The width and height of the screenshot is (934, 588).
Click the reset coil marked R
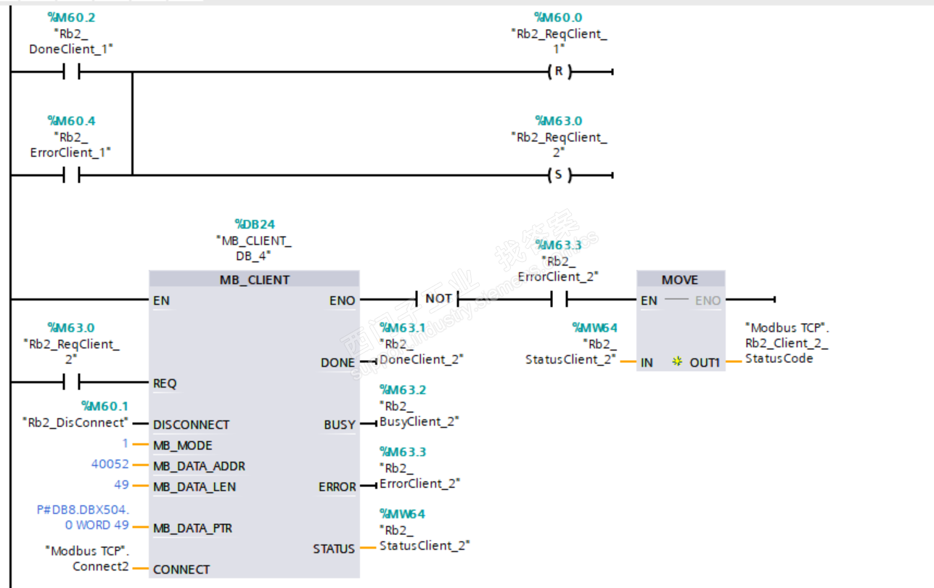(559, 72)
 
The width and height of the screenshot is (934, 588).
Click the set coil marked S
(559, 175)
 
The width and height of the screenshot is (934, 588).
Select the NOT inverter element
(438, 298)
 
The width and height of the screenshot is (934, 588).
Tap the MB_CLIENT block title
(254, 279)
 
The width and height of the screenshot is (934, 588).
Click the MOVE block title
(680, 279)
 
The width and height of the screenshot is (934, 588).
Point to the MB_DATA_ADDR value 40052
(110, 465)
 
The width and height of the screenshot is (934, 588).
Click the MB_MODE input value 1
(125, 444)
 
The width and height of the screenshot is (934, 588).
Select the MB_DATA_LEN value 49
(121, 485)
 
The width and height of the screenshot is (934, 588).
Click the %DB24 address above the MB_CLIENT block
(254, 224)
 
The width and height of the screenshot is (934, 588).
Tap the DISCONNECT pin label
(191, 425)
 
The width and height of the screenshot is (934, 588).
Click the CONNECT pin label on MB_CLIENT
(181, 570)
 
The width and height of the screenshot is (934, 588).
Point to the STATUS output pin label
(334, 549)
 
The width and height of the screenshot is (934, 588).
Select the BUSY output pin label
(339, 425)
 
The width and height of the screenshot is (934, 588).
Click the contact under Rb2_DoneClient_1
(71, 72)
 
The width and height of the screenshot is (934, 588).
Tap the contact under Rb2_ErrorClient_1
(71, 175)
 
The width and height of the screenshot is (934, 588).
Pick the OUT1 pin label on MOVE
(705, 362)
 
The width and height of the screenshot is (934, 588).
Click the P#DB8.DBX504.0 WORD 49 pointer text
(83, 518)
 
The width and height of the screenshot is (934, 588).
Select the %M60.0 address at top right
(557, 17)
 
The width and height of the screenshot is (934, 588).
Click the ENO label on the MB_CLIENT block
(342, 301)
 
